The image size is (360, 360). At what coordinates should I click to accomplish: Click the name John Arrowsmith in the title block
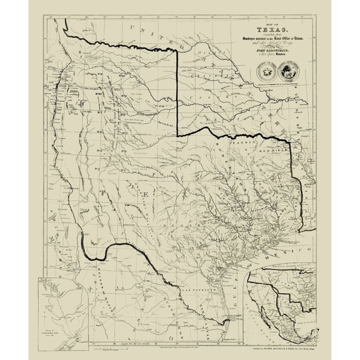pyautogui.click(x=267, y=54)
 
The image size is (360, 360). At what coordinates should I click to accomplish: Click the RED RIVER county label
pyautogui.click(x=276, y=151)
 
